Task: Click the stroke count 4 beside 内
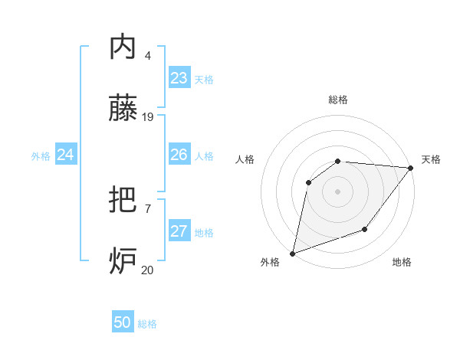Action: click(x=148, y=56)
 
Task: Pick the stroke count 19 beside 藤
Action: click(x=148, y=117)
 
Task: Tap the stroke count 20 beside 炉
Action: click(x=148, y=270)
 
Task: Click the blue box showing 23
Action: click(x=179, y=78)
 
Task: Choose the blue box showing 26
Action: click(x=179, y=155)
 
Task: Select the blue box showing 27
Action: click(x=179, y=231)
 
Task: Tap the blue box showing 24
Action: click(x=66, y=155)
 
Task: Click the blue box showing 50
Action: click(x=123, y=322)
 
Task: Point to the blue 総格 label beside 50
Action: click(x=147, y=324)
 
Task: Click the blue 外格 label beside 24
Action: click(x=41, y=156)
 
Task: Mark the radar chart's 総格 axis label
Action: click(x=338, y=100)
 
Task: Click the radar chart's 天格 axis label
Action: click(x=431, y=159)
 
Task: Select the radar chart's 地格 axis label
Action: click(x=402, y=263)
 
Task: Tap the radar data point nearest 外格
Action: click(x=292, y=254)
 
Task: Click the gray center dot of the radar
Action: click(x=337, y=191)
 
